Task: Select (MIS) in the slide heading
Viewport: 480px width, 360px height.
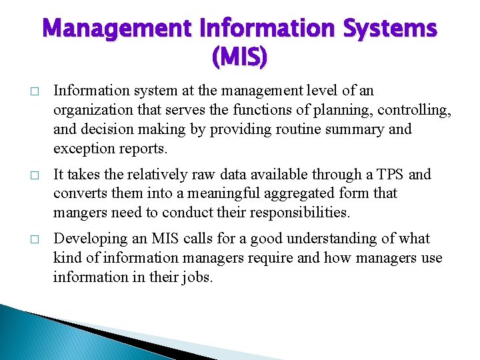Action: pyautogui.click(x=239, y=59)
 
